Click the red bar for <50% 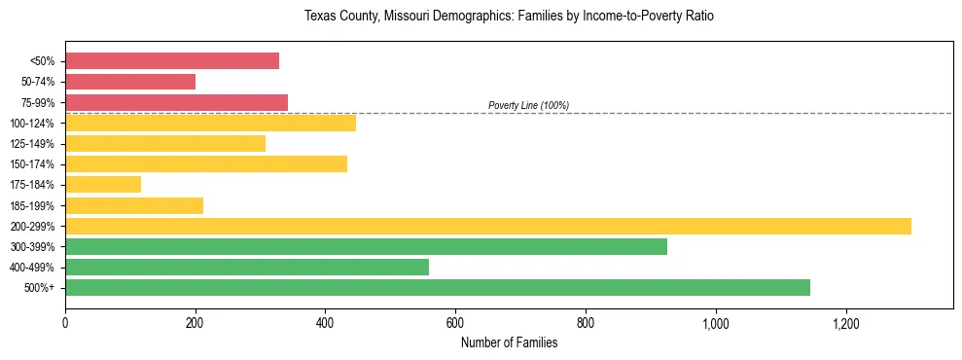172,61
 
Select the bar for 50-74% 130,82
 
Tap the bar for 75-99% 176,102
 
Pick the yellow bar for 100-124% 210,123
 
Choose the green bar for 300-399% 366,246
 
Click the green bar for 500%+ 438,287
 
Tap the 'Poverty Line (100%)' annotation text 528,105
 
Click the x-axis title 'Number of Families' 509,342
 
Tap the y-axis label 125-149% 34,144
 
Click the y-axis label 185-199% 34,205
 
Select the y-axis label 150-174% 34,164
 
